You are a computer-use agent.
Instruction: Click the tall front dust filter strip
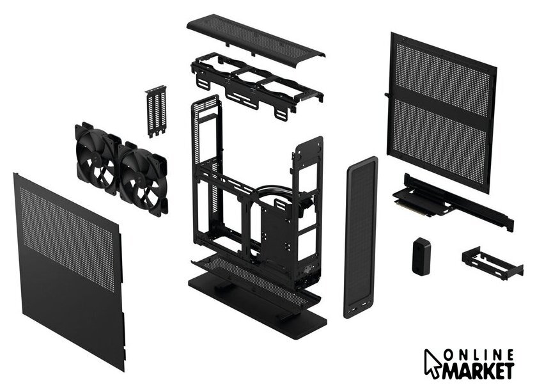(361, 237)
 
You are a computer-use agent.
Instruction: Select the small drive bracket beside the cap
(492, 262)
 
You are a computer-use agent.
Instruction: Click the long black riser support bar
(459, 202)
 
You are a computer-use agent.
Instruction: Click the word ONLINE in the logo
(479, 355)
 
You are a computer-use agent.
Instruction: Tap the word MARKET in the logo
(478, 371)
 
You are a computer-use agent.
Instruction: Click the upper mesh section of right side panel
(442, 81)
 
